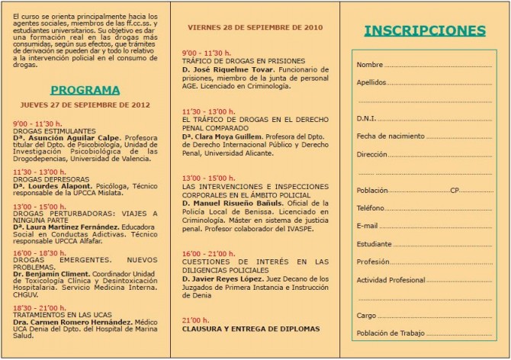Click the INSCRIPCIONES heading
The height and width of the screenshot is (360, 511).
(x=424, y=31)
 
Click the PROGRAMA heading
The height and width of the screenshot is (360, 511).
(x=85, y=89)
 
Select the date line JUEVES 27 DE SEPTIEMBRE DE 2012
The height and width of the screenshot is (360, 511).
(x=85, y=104)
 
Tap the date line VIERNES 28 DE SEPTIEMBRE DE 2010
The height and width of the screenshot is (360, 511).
(x=256, y=27)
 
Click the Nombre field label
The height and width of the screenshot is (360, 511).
(x=369, y=64)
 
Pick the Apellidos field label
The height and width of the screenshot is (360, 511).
(x=371, y=82)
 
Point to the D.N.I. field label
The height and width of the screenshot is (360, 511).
(x=366, y=118)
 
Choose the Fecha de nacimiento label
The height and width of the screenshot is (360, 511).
(x=387, y=136)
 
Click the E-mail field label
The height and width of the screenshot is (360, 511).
(x=368, y=226)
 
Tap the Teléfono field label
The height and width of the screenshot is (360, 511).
(x=371, y=207)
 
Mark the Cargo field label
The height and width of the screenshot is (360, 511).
(x=366, y=315)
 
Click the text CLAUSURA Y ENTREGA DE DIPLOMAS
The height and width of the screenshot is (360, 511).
(x=251, y=329)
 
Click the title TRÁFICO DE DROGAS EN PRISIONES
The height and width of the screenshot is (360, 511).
(x=243, y=60)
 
